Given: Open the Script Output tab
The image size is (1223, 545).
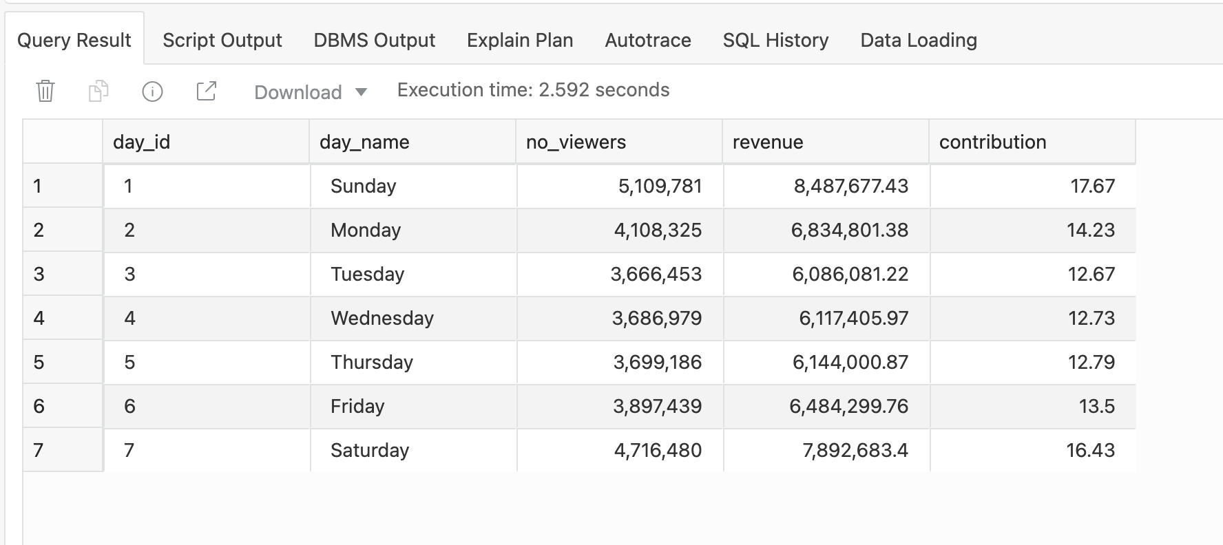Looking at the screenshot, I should [x=222, y=41].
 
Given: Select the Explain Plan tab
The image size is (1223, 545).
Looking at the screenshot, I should [x=519, y=41].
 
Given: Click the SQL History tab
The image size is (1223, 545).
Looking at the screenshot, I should [x=775, y=41].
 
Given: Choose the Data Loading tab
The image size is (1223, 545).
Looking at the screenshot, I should [x=918, y=41].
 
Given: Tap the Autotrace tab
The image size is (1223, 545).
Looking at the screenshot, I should [x=647, y=41].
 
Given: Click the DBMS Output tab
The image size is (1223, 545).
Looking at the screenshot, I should [x=374, y=41].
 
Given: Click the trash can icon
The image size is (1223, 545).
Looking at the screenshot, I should [x=45, y=91].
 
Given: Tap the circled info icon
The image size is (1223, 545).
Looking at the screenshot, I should [x=152, y=91].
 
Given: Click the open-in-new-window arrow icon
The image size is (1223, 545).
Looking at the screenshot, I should [x=206, y=91].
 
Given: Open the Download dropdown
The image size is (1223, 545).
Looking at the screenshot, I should [x=311, y=92].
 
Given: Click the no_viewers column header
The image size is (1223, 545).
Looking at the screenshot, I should [x=576, y=142].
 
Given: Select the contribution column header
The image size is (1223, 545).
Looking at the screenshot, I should [x=992, y=142].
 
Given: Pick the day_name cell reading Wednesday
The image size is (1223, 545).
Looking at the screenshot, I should [x=382, y=319].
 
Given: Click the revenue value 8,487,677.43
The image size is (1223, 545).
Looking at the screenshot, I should [x=850, y=186].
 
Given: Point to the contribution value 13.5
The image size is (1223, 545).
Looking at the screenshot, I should [x=1096, y=407].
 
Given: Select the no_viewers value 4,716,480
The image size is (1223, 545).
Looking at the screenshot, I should [x=658, y=451].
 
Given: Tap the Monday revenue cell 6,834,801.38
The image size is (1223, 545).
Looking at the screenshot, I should [x=849, y=231].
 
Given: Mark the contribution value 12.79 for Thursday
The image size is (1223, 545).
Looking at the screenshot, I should [x=1091, y=363].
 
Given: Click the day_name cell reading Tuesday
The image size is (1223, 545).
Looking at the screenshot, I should [x=367, y=275].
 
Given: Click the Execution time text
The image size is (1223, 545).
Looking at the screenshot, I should [x=533, y=90].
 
